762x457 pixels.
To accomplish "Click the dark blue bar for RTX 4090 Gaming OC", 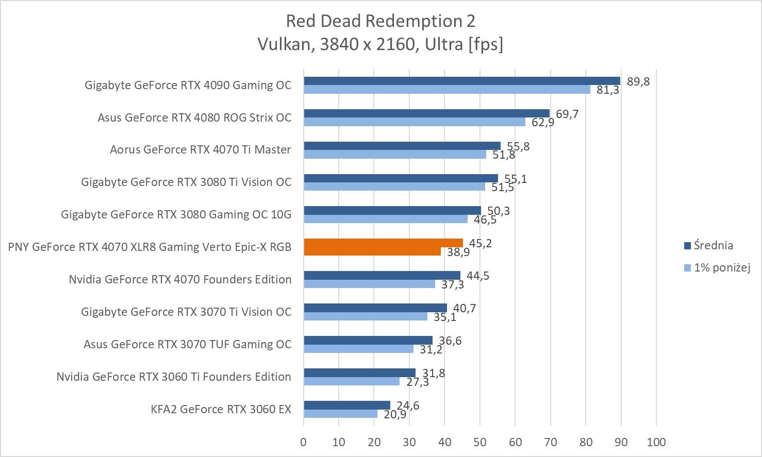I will tap(462, 81).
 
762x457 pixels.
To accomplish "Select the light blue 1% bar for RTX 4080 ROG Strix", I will tap(415, 122).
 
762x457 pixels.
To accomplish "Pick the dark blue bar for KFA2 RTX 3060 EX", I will tap(347, 405).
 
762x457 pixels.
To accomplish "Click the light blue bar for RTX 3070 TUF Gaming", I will tap(358, 349).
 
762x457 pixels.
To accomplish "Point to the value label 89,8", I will tap(638, 81).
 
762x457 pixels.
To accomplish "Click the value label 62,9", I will tap(543, 123).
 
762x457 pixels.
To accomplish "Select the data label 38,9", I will tap(458, 252).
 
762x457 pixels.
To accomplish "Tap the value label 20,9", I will tap(395, 414).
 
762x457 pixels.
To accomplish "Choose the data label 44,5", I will tap(478, 276).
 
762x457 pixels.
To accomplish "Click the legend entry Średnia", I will tap(713, 245).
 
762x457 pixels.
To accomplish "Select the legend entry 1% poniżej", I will tap(721, 267).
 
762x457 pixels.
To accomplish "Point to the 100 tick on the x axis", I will tap(656, 442).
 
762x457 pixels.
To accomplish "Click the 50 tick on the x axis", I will tap(480, 442).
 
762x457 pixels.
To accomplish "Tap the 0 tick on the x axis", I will tap(303, 442).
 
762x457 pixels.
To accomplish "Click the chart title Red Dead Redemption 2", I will tap(380, 21).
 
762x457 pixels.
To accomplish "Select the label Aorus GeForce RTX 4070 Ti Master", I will tap(200, 150).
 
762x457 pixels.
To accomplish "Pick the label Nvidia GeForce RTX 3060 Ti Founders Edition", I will tap(174, 377).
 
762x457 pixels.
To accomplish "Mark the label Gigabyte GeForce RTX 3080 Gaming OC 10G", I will tap(176, 214).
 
